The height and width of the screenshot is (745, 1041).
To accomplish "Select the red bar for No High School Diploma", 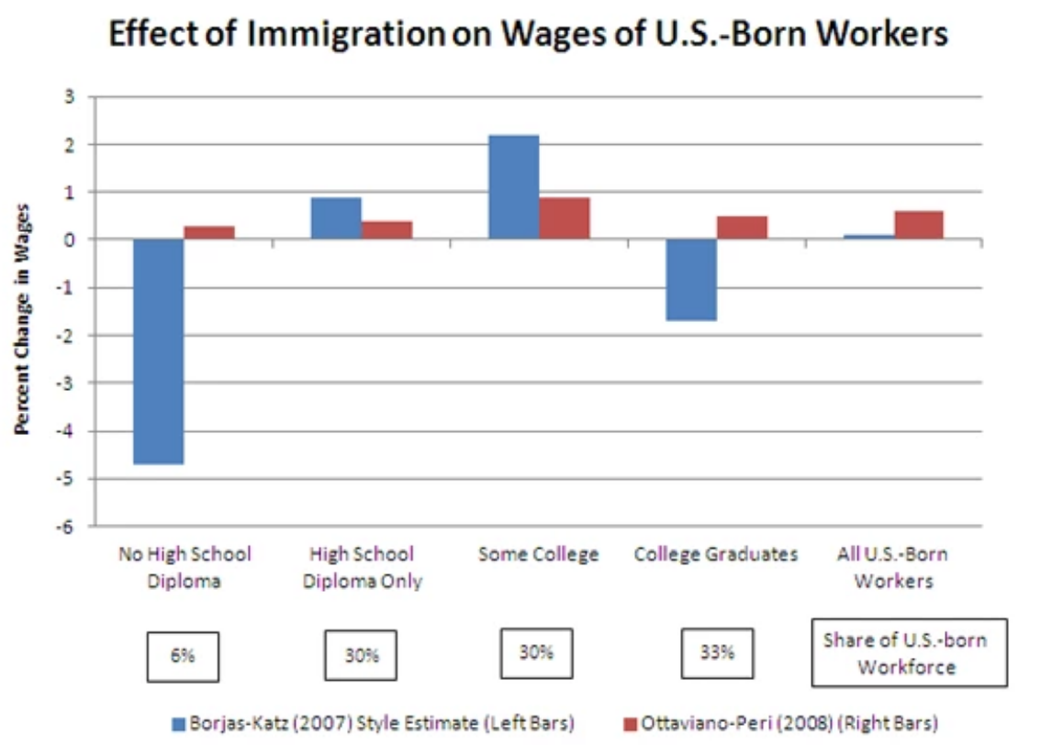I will pyautogui.click(x=209, y=233).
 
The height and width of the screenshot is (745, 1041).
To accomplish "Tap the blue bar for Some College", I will pyautogui.click(x=513, y=187).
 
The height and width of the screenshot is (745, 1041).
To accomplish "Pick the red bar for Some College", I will pyautogui.click(x=565, y=218).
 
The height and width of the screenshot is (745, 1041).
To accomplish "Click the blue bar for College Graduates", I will pyautogui.click(x=690, y=280).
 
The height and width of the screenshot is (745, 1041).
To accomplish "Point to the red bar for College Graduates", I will pyautogui.click(x=742, y=228).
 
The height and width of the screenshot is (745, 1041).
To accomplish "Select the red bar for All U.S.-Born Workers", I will pyautogui.click(x=919, y=225).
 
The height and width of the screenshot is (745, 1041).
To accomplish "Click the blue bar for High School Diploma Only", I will pyautogui.click(x=336, y=218).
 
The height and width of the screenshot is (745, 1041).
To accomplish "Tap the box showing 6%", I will pyautogui.click(x=180, y=657).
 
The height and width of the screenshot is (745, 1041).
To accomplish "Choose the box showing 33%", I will pyautogui.click(x=717, y=653).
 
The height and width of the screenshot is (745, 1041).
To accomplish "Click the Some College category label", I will pyautogui.click(x=538, y=554).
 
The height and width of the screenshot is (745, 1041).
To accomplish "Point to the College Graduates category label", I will pyautogui.click(x=716, y=554).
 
